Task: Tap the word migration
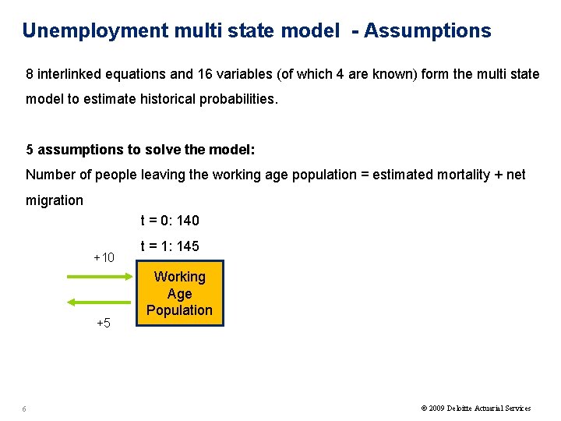tap(55, 200)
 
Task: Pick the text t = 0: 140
tap(169, 221)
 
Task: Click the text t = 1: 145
tap(169, 246)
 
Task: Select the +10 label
tap(104, 258)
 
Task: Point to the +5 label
tap(104, 323)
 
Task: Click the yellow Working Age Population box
tap(179, 294)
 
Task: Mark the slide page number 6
tap(25, 409)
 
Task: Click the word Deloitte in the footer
tap(460, 409)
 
